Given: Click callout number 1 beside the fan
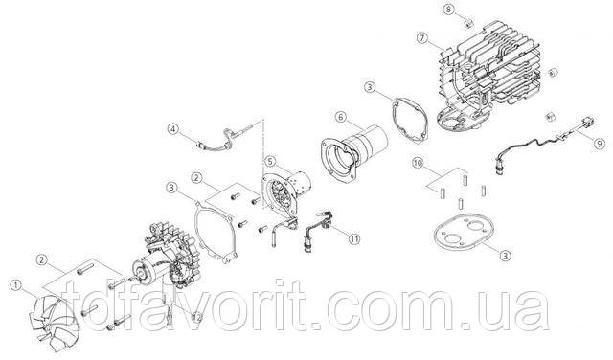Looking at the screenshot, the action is point(16,285).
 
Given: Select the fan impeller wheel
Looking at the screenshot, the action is point(53,321).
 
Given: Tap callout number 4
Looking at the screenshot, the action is point(173,128).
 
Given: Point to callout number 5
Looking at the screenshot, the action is point(270,161).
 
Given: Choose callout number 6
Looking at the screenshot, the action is point(341,117).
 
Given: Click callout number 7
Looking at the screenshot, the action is point(421,38).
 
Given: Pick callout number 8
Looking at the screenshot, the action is point(449,10).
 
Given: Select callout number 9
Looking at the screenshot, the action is point(600,144).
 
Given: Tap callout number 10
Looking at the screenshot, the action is point(419,163).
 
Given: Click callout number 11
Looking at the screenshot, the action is point(353,238).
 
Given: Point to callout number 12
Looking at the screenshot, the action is point(197,318).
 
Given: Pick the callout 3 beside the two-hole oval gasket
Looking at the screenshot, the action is point(506,256).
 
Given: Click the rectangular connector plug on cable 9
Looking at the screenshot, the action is point(587,122).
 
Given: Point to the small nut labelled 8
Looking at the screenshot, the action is point(468,24).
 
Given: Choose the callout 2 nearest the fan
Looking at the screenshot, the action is point(42,259).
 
